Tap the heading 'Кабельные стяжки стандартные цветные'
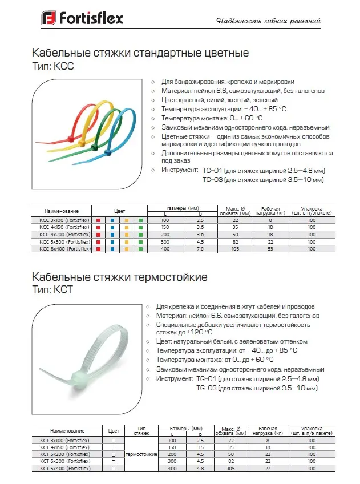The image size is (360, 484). coord(140,54)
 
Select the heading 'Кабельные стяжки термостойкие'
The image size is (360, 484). coord(120,277)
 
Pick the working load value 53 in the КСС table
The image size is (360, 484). coord(270,249)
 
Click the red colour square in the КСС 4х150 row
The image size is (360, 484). coord(99,227)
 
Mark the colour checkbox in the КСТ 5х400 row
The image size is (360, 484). coord(113,469)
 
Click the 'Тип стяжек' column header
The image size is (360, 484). coord(141,430)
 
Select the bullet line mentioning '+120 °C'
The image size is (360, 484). coord(233,328)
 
